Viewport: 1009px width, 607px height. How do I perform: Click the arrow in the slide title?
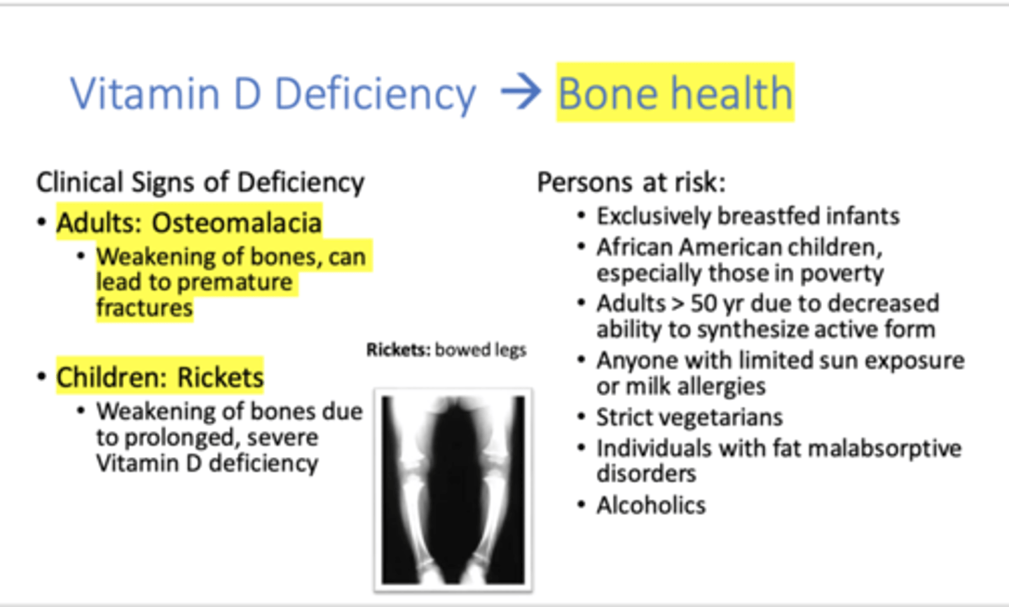click(521, 93)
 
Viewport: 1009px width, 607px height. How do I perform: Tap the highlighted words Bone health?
click(675, 93)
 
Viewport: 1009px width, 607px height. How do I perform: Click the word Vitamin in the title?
click(144, 93)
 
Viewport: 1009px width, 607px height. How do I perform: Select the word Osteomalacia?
click(237, 223)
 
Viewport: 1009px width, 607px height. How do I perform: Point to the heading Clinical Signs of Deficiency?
click(200, 182)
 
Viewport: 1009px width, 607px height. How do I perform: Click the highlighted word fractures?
click(144, 308)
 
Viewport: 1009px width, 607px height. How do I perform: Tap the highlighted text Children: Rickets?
click(160, 377)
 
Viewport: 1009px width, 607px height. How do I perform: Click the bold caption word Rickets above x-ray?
click(397, 350)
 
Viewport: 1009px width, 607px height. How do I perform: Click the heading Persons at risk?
click(631, 182)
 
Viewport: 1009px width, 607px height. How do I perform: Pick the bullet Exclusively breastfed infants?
click(748, 216)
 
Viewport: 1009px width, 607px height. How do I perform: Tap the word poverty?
click(842, 273)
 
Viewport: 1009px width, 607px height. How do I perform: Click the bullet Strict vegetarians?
click(689, 418)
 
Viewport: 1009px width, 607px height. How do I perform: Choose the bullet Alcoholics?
click(651, 505)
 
